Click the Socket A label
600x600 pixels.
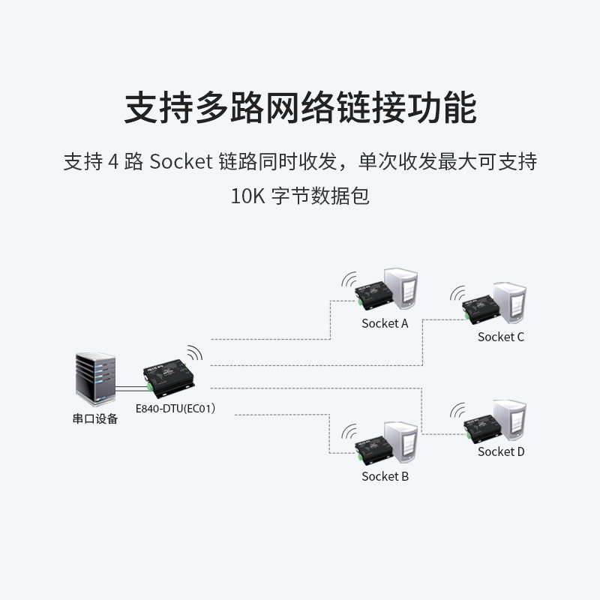(385, 324)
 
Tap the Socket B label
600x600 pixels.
(385, 476)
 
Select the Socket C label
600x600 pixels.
(501, 337)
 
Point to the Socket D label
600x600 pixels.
(501, 451)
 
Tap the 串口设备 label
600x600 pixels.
(95, 419)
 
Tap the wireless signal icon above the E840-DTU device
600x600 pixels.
(194, 353)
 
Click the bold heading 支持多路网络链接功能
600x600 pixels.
(300, 108)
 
